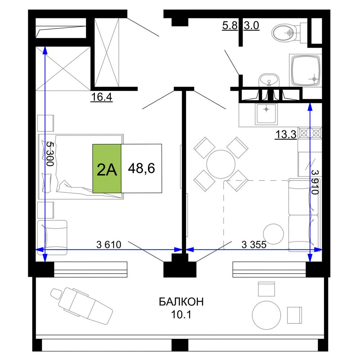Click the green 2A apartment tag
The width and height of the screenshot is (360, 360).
(x=107, y=168)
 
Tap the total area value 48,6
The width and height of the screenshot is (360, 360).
(x=141, y=168)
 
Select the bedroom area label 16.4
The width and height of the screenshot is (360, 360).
(x=102, y=97)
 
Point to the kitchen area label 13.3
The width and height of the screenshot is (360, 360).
(x=286, y=134)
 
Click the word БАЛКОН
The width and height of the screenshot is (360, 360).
(x=181, y=302)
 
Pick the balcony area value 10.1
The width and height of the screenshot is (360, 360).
(x=181, y=315)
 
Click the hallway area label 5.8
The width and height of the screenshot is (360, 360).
(x=230, y=25)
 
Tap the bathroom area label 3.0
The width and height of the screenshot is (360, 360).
(x=251, y=25)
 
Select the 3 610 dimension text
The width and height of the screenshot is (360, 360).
(x=109, y=245)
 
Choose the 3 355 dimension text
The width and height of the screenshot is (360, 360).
(x=254, y=245)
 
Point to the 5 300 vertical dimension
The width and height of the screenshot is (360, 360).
(x=50, y=154)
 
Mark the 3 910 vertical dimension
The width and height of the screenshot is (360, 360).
(x=315, y=182)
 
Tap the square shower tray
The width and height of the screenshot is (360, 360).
(x=305, y=70)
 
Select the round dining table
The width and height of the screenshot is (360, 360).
(x=221, y=164)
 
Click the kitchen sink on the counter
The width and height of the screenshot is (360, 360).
(x=266, y=114)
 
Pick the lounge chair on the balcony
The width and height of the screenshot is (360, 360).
(x=82, y=306)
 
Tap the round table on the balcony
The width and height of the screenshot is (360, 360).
(x=266, y=315)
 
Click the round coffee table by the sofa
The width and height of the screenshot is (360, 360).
(x=273, y=234)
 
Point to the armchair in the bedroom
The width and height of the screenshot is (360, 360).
(x=52, y=237)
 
